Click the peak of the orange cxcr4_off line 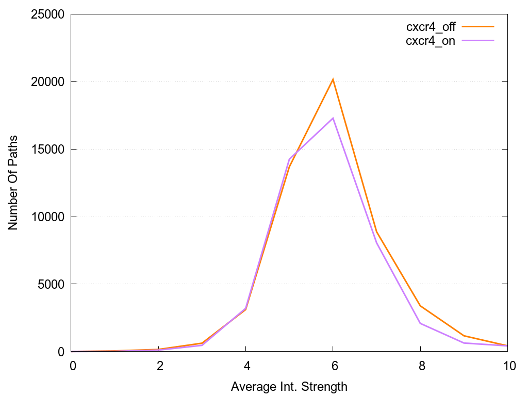(333, 79)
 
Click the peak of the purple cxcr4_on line (333, 118)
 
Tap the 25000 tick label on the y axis (46, 14)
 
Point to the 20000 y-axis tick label (46, 82)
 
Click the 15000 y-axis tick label (46, 150)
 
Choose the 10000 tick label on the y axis (46, 217)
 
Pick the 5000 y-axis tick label (49, 284)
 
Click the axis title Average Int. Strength (289, 386)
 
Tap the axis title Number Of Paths (13, 183)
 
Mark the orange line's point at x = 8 (421, 306)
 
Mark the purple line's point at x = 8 (421, 323)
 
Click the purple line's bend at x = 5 (289, 159)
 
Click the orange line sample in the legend (478, 26)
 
